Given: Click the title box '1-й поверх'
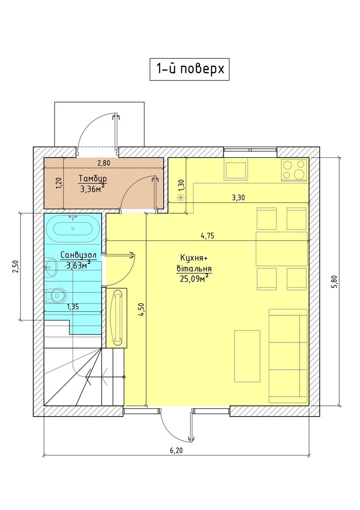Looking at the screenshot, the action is (189, 69).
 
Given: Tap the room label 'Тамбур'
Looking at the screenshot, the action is (93, 178).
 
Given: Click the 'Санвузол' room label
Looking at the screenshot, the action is (79, 255).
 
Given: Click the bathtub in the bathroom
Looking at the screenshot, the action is (73, 228).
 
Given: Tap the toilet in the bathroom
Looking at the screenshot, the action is (56, 296).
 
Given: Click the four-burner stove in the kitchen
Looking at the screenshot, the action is (294, 170).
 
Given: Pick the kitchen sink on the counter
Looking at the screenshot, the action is (236, 170).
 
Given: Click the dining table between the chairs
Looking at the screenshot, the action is (282, 249).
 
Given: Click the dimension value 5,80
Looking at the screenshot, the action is (334, 282).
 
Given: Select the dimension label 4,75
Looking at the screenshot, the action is (207, 235).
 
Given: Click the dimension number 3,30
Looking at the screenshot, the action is (238, 197).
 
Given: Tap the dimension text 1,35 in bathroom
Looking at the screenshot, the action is (73, 307).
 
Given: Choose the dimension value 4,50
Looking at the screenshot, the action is (142, 309).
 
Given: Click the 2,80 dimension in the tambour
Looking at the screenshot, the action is (104, 163).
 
